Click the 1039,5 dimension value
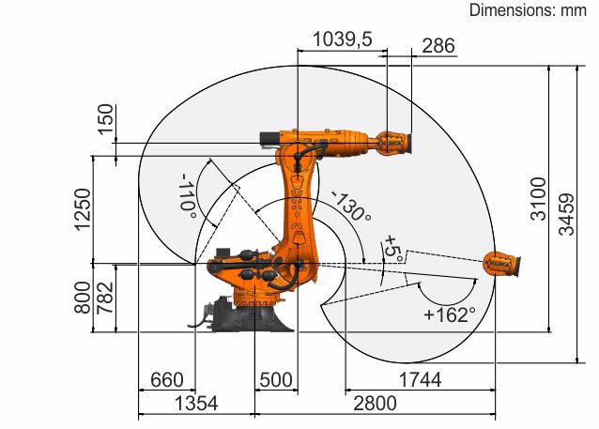point(343,39)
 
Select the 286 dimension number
point(438,46)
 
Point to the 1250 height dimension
point(84,209)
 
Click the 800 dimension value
point(83,298)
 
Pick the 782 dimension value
point(106,298)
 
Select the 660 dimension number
point(166,380)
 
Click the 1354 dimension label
point(196,404)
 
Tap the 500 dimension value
point(276,380)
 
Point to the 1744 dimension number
point(420,380)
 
